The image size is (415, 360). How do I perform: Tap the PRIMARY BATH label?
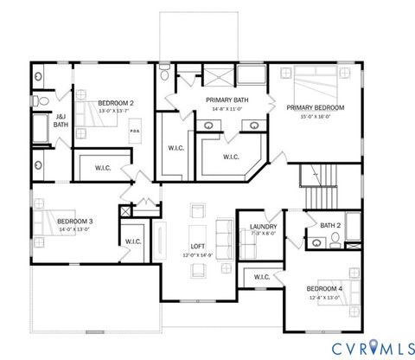(x=227, y=100)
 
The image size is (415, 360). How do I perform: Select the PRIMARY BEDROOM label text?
(x=315, y=107)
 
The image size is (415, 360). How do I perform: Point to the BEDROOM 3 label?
(x=74, y=222)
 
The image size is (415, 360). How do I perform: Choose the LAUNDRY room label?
(x=263, y=227)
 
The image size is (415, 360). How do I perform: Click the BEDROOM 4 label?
(x=324, y=288)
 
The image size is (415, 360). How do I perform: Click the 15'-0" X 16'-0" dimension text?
(x=315, y=115)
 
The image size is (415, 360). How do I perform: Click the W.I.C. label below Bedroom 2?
(x=102, y=167)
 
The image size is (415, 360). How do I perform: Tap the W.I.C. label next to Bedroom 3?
(x=133, y=241)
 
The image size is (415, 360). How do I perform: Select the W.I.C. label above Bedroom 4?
(x=261, y=278)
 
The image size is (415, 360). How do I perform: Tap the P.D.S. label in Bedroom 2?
(x=135, y=132)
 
